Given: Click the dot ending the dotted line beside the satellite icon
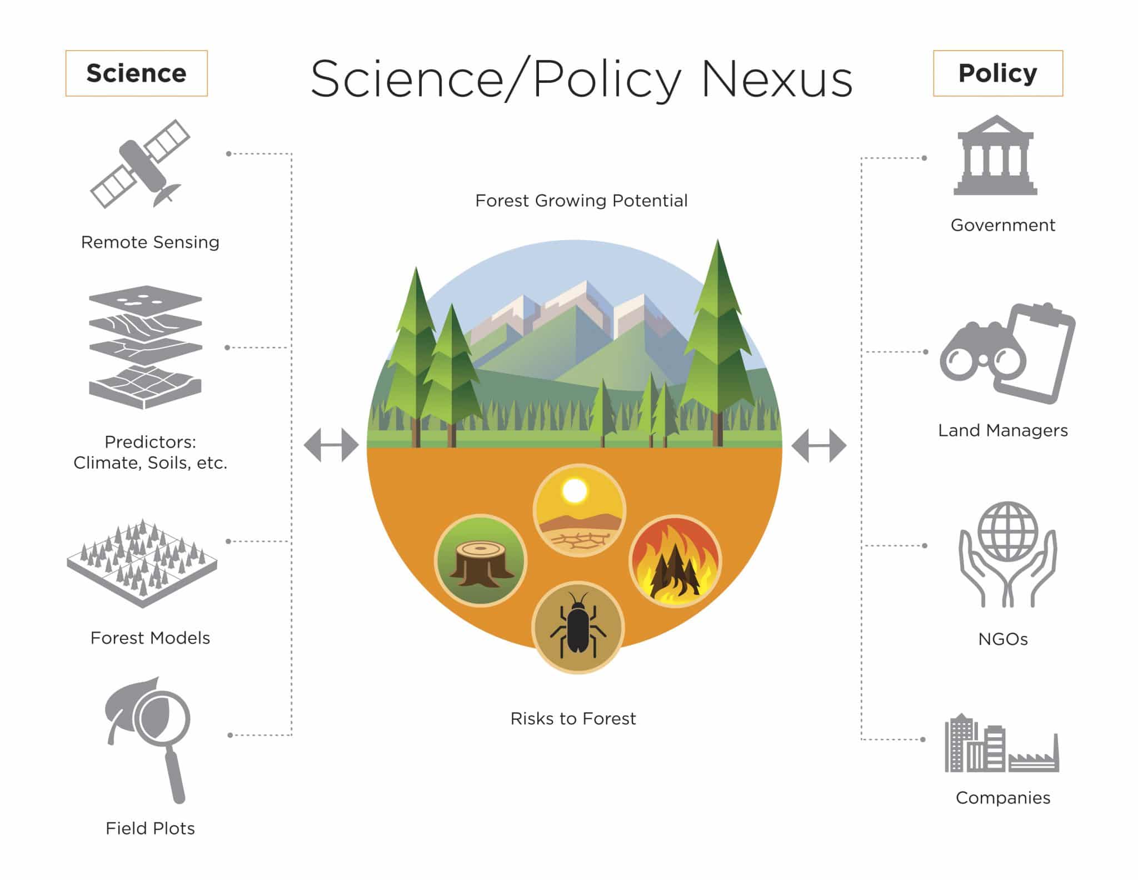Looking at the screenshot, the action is pos(228,153).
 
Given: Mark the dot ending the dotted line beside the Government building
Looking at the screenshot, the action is pos(924,158).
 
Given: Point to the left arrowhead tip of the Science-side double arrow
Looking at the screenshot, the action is pos(304,445).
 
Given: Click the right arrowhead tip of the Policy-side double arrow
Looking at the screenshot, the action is pos(846,445).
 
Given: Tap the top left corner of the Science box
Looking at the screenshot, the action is pos(66,51).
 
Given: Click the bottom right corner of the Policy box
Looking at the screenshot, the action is pos(1062,96).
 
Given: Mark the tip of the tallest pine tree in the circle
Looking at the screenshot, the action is pos(717,239).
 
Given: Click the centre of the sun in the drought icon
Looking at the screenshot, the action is pos(575,491).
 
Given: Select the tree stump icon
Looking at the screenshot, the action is pos(480,560).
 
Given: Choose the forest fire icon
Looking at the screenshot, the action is pos(675,560).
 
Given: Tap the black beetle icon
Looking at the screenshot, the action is pos(578,627).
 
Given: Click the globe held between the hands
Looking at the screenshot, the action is pos(1007,531).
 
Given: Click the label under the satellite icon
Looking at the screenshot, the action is pos(150,242).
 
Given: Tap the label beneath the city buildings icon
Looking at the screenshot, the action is pos(1003,798).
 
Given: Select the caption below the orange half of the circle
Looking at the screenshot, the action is pos(573,718).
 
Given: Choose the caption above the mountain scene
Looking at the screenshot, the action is pos(581,200).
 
